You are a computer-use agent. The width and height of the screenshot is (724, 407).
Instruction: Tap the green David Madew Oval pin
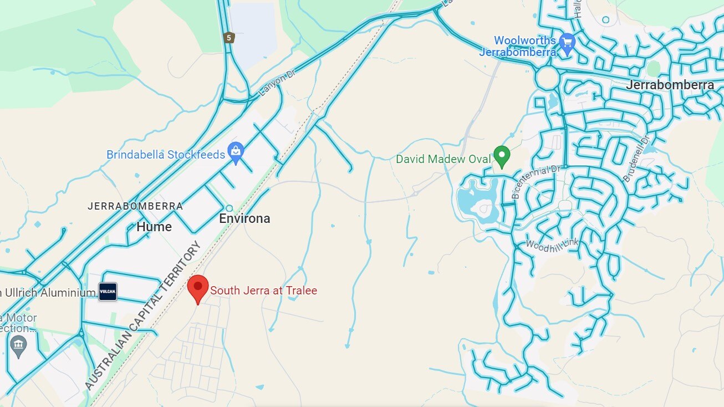(502, 156)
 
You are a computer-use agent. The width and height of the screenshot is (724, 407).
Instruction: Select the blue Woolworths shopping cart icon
(567, 42)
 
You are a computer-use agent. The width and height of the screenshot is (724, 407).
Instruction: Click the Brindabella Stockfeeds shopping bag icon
(236, 152)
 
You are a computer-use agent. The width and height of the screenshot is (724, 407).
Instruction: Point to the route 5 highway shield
(229, 38)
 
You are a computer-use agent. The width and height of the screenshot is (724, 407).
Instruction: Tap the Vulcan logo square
(108, 292)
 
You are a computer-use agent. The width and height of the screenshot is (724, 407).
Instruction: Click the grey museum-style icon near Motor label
(18, 346)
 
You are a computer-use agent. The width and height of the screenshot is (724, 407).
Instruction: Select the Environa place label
(244, 218)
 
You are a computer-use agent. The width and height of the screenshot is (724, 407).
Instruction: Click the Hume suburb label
(154, 227)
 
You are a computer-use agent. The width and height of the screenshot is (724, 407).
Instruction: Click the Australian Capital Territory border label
(142, 316)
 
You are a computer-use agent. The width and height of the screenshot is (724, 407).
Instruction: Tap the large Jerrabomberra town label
(670, 85)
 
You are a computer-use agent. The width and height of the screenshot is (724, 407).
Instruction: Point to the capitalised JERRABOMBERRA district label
(135, 206)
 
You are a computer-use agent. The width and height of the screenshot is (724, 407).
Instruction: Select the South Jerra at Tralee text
(264, 291)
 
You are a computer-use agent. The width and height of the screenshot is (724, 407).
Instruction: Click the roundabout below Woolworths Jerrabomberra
(547, 78)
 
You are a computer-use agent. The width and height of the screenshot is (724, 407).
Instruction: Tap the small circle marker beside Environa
(230, 208)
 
